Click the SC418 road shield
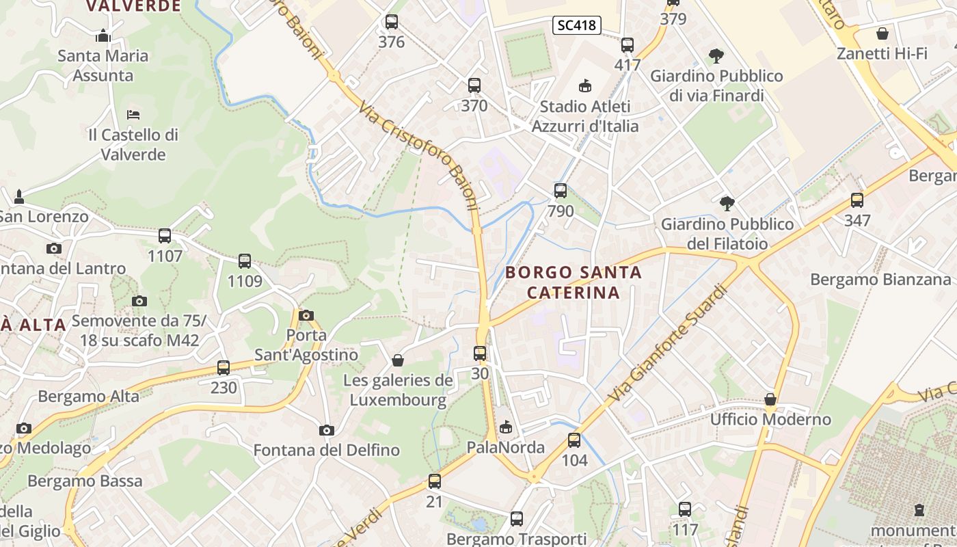(x=576, y=26)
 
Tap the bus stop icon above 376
(x=392, y=22)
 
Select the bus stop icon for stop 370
(x=474, y=85)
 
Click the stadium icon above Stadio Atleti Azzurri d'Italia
(x=584, y=86)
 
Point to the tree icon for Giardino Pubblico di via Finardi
(x=716, y=55)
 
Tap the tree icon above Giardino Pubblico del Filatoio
(x=727, y=203)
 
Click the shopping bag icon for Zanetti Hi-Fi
(x=882, y=33)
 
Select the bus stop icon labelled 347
(x=857, y=200)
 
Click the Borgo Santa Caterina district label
(x=574, y=282)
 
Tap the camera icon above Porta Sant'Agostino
(x=306, y=315)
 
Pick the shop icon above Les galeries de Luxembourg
(x=398, y=360)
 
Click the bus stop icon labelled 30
(x=480, y=353)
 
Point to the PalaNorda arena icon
(x=506, y=427)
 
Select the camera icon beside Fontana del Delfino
(x=327, y=430)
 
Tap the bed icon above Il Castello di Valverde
(x=133, y=114)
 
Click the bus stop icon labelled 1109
(x=245, y=261)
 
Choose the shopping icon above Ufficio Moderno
(x=770, y=399)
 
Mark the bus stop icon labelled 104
(x=574, y=440)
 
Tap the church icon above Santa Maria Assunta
(x=103, y=36)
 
